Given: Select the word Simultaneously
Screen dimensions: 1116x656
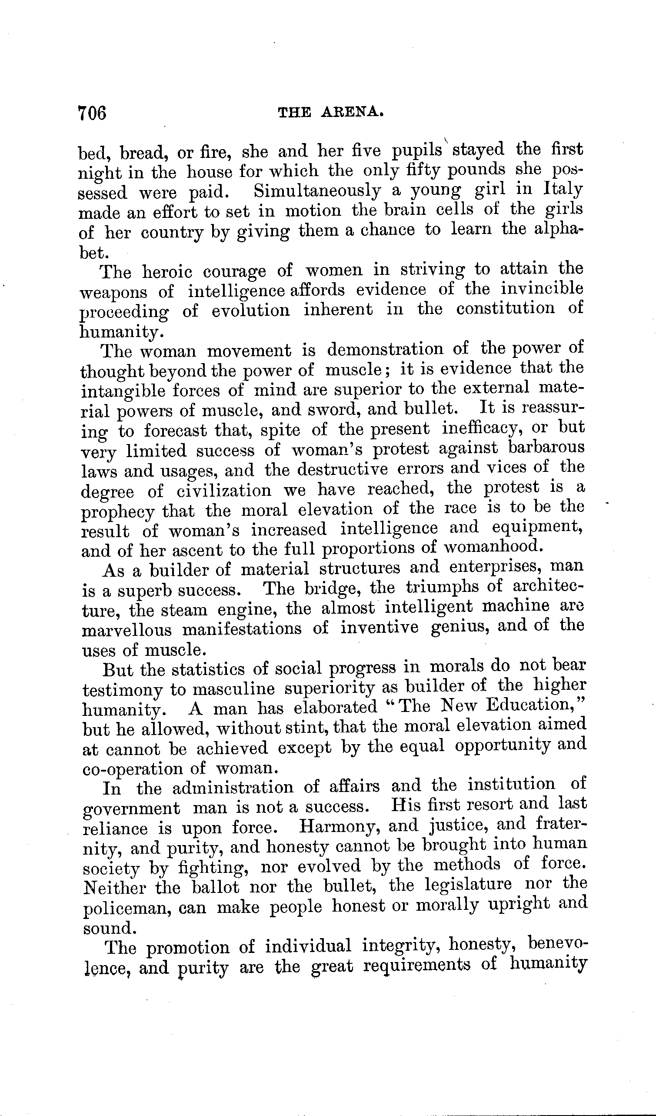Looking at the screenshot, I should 317,191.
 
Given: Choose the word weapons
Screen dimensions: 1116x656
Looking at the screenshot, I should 113,292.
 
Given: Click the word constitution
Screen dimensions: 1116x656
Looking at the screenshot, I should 505,308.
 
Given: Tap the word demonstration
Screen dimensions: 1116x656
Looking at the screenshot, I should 385,349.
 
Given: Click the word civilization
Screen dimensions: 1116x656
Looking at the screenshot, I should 224,491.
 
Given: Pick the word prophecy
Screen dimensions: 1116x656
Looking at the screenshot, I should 118,511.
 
